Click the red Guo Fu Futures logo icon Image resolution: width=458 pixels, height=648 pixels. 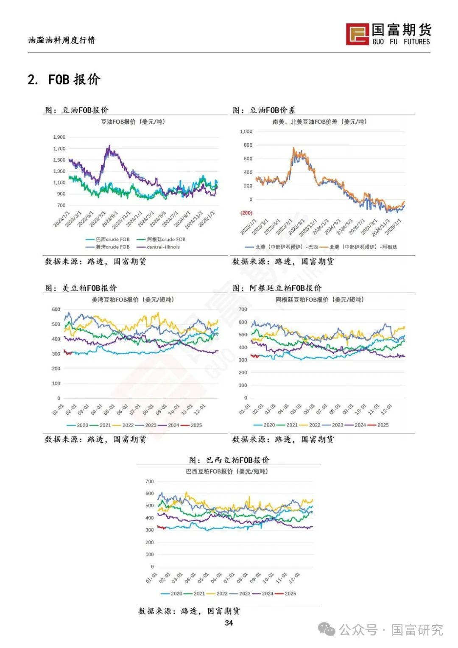(x=357, y=34)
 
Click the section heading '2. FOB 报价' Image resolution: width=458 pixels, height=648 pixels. (x=64, y=79)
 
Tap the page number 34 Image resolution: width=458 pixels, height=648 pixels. (x=229, y=623)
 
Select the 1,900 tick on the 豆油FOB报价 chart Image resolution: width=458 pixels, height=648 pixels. (x=59, y=137)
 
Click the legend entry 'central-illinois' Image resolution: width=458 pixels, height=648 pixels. (x=163, y=247)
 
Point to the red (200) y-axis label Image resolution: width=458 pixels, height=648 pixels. (x=246, y=213)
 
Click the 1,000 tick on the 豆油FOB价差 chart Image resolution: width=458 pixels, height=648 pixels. (x=246, y=131)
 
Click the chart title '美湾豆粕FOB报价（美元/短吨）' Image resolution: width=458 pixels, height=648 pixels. (x=133, y=299)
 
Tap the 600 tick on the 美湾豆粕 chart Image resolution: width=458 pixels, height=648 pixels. (x=56, y=309)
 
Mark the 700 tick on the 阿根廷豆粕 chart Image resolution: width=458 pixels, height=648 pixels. (x=243, y=309)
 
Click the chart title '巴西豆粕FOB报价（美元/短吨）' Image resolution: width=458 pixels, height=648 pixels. (x=227, y=471)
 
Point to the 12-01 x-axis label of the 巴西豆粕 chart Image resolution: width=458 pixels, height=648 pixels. (x=294, y=578)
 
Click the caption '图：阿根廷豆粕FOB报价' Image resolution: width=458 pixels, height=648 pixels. (x=277, y=288)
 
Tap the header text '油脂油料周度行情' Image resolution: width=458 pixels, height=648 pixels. (x=62, y=40)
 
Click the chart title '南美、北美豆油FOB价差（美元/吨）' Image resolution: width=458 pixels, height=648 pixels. (x=319, y=122)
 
